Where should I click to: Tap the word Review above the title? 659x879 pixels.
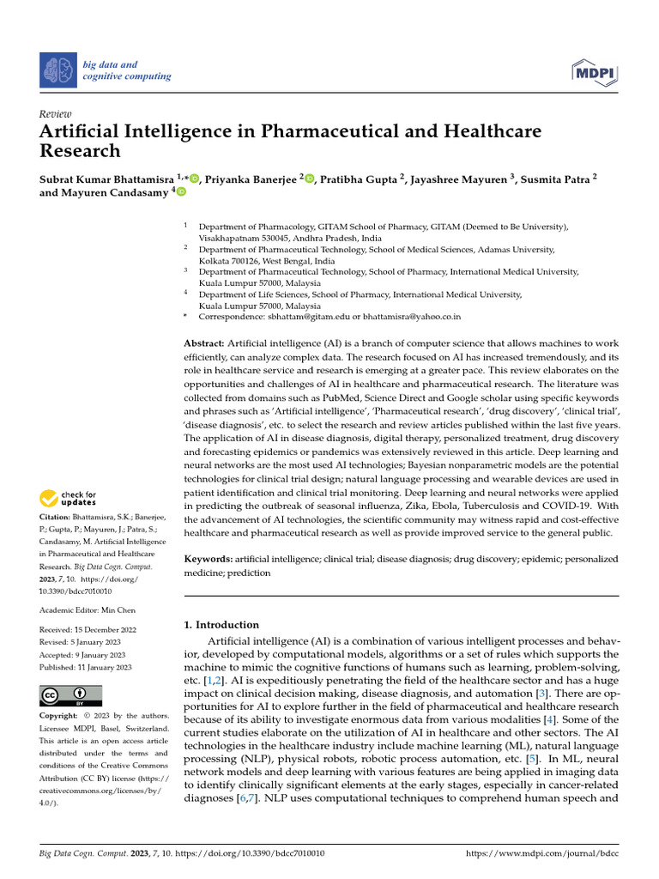tap(56, 114)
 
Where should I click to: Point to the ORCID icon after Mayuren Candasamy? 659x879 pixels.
tap(181, 193)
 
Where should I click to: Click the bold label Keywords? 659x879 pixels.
tap(209, 559)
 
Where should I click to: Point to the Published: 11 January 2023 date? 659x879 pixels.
tap(86, 667)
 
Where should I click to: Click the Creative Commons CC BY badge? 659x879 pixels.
tap(71, 694)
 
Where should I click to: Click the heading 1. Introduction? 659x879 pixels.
tap(222, 625)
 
